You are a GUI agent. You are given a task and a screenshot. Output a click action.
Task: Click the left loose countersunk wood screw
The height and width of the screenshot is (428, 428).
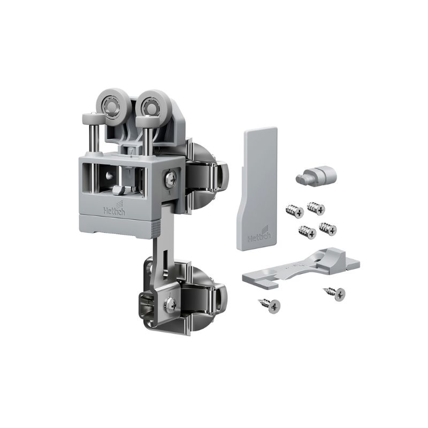[x=270, y=305]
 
